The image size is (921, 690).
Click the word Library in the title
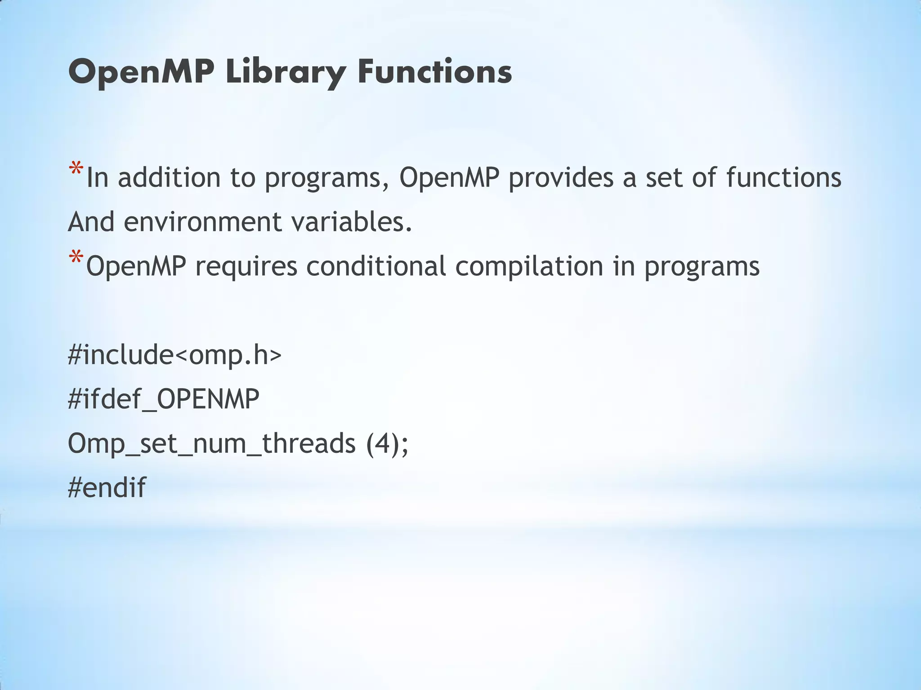[286, 72]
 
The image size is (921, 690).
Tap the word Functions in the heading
[434, 72]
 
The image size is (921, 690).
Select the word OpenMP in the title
[141, 72]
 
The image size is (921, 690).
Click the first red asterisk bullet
[76, 170]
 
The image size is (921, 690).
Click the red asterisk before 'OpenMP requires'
[76, 259]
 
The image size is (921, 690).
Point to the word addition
[169, 177]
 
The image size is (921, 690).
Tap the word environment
[202, 222]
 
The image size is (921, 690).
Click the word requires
[246, 266]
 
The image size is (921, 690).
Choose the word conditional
[376, 266]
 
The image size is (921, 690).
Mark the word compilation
[529, 266]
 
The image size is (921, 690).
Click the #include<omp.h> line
[174, 355]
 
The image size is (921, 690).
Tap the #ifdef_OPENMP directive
[164, 399]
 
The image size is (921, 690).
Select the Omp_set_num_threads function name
[211, 443]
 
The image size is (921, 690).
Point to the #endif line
[107, 487]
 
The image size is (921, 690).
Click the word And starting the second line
[91, 222]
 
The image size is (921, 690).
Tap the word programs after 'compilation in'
[702, 266]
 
